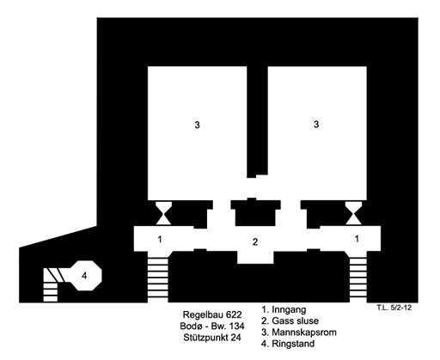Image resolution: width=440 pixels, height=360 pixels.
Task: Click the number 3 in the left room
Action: click(197, 125)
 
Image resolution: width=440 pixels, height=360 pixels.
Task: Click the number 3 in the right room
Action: click(316, 125)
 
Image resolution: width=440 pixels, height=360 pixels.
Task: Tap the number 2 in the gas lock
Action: click(255, 242)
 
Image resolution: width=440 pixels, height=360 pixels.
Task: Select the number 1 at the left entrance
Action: click(160, 239)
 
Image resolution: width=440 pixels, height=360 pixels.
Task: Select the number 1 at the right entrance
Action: click(357, 239)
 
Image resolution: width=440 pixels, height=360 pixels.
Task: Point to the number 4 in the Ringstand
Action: click(84, 276)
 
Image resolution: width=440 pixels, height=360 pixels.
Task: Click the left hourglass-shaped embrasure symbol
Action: click(163, 213)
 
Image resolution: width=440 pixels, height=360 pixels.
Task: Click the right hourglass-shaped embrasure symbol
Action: click(353, 213)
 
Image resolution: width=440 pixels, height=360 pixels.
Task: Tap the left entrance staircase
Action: click(157, 277)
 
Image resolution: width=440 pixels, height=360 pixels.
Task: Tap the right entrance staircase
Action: click(358, 277)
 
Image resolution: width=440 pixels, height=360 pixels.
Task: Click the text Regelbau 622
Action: click(212, 314)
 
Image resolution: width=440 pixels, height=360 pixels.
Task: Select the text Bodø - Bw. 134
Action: click(212, 326)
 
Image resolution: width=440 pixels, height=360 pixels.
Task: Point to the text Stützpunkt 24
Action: click(212, 338)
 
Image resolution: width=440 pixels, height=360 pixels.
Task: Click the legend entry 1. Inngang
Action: click(284, 309)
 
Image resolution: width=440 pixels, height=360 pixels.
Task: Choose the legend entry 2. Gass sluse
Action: click(290, 320)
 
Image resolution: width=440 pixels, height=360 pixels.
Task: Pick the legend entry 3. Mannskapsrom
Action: click(299, 333)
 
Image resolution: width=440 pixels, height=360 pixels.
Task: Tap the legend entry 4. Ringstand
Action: click(288, 344)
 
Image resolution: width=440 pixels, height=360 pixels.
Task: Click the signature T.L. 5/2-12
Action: click(394, 308)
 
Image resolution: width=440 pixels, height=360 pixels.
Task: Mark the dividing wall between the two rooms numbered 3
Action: click(257, 122)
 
